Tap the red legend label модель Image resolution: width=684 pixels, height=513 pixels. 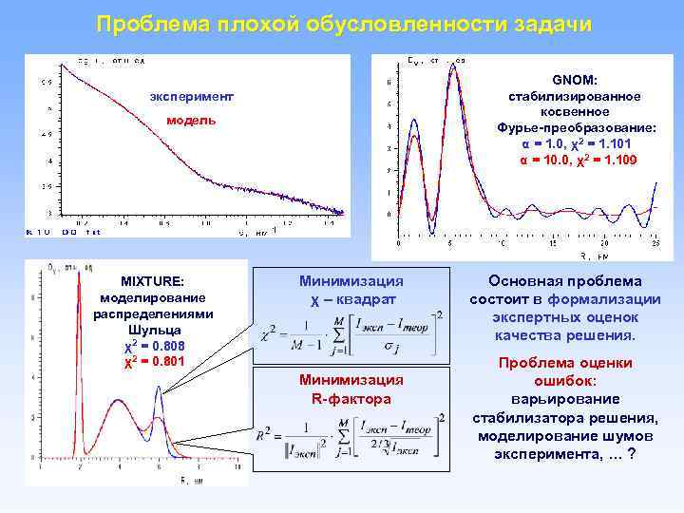191,121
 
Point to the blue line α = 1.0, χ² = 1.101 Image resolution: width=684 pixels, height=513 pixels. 575,143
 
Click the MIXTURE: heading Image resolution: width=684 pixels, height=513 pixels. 152,280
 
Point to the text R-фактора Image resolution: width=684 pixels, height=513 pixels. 351,398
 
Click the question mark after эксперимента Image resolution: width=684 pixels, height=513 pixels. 631,453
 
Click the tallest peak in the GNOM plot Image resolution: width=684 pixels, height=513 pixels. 454,66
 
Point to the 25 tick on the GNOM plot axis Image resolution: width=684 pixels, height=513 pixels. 655,245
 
